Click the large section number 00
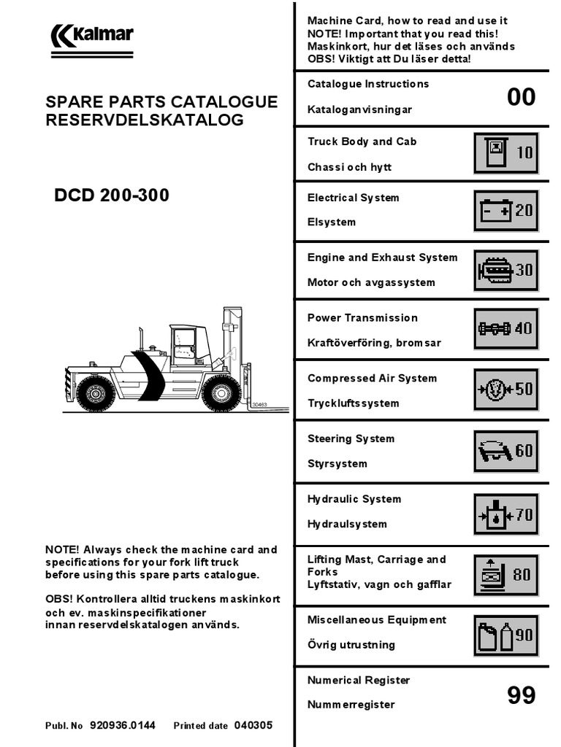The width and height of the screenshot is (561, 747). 521,97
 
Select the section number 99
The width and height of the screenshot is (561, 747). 521,695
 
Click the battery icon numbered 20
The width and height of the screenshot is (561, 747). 506,211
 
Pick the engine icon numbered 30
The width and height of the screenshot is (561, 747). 506,270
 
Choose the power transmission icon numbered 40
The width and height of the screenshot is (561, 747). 506,328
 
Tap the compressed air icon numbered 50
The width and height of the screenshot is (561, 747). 506,388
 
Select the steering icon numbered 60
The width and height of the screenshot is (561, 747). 506,451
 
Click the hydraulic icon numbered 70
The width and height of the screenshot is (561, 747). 506,515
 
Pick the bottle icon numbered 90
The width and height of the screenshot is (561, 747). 506,635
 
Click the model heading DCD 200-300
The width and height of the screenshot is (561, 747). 112,196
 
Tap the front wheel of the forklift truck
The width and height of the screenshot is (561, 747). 221,393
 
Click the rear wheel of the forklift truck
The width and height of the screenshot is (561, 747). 96,394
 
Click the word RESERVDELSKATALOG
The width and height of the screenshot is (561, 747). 145,120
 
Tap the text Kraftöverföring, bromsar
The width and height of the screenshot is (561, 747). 374,343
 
